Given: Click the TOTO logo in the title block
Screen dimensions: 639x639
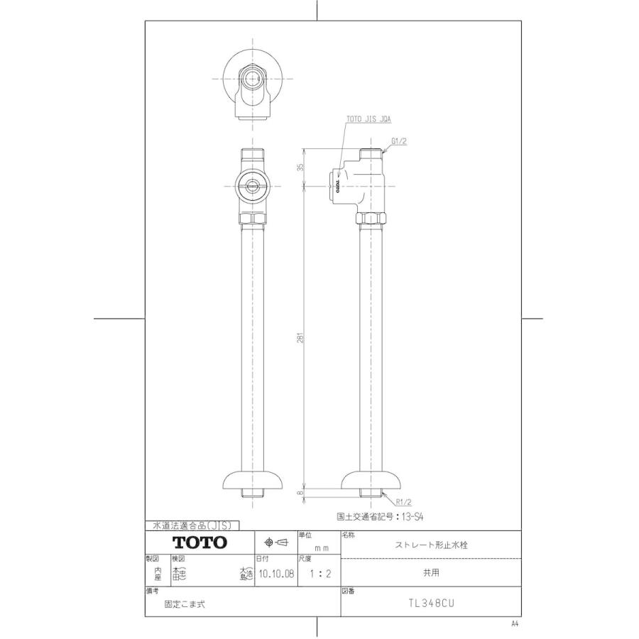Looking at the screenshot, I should click(x=200, y=542).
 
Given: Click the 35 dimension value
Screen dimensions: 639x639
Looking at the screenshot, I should click(x=300, y=167).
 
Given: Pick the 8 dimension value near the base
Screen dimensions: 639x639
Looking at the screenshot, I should click(x=300, y=491).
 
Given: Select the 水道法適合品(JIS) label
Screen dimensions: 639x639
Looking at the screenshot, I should click(x=192, y=525).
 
